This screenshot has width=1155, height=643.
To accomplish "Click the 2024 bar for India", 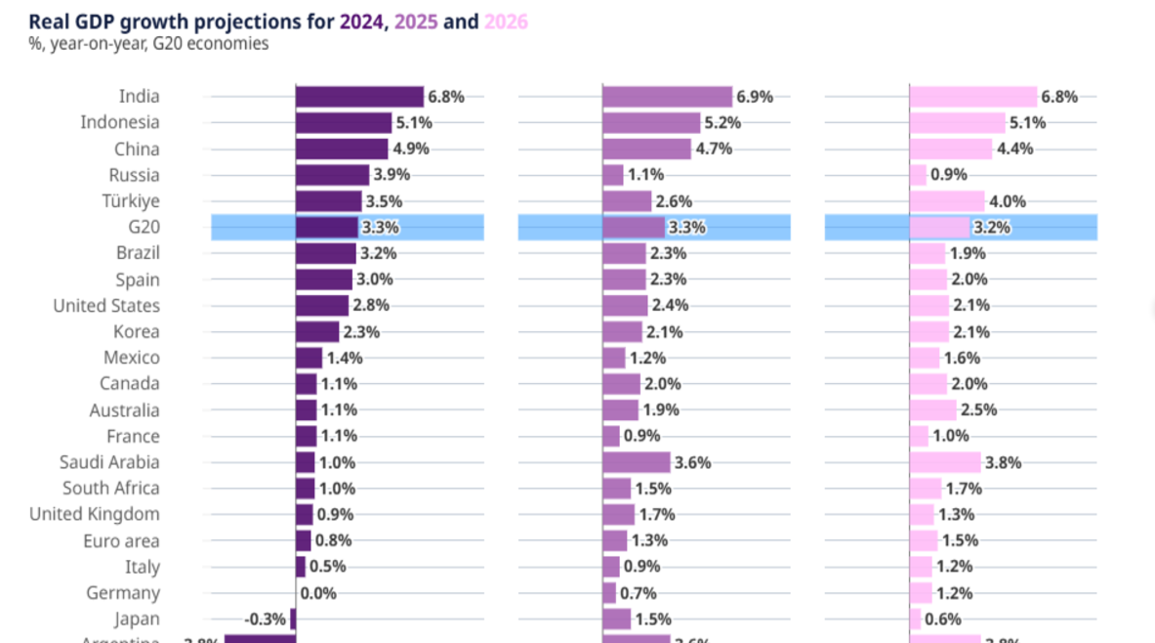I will pyautogui.click(x=359, y=97).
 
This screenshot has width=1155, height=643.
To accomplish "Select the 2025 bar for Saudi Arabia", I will pyautogui.click(x=637, y=462).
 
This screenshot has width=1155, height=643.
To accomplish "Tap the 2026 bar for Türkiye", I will pyautogui.click(x=947, y=201).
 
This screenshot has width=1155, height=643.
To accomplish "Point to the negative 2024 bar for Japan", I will pyautogui.click(x=293, y=619).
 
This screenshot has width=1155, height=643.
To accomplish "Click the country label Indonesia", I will pyautogui.click(x=120, y=123).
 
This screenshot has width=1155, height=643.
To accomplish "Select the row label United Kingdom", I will pyautogui.click(x=95, y=515).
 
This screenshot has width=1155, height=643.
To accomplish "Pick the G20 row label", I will pyautogui.click(x=143, y=228).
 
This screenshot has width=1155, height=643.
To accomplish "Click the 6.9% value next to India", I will pyautogui.click(x=755, y=97).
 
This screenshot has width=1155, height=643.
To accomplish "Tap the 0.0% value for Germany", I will pyautogui.click(x=318, y=593).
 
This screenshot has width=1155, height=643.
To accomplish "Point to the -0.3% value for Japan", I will pyautogui.click(x=266, y=619).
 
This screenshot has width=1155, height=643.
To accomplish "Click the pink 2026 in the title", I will pyautogui.click(x=506, y=21).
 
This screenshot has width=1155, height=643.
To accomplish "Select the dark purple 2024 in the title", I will pyautogui.click(x=361, y=21).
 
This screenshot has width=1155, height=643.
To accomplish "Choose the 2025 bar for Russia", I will pyautogui.click(x=613, y=175).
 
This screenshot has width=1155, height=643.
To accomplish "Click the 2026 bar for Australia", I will pyautogui.click(x=933, y=410).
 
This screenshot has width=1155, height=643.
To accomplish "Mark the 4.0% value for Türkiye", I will pyautogui.click(x=1008, y=201).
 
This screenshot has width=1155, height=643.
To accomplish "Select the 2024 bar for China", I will pyautogui.click(x=342, y=150).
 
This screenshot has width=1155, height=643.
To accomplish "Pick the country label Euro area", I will pyautogui.click(x=123, y=540).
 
